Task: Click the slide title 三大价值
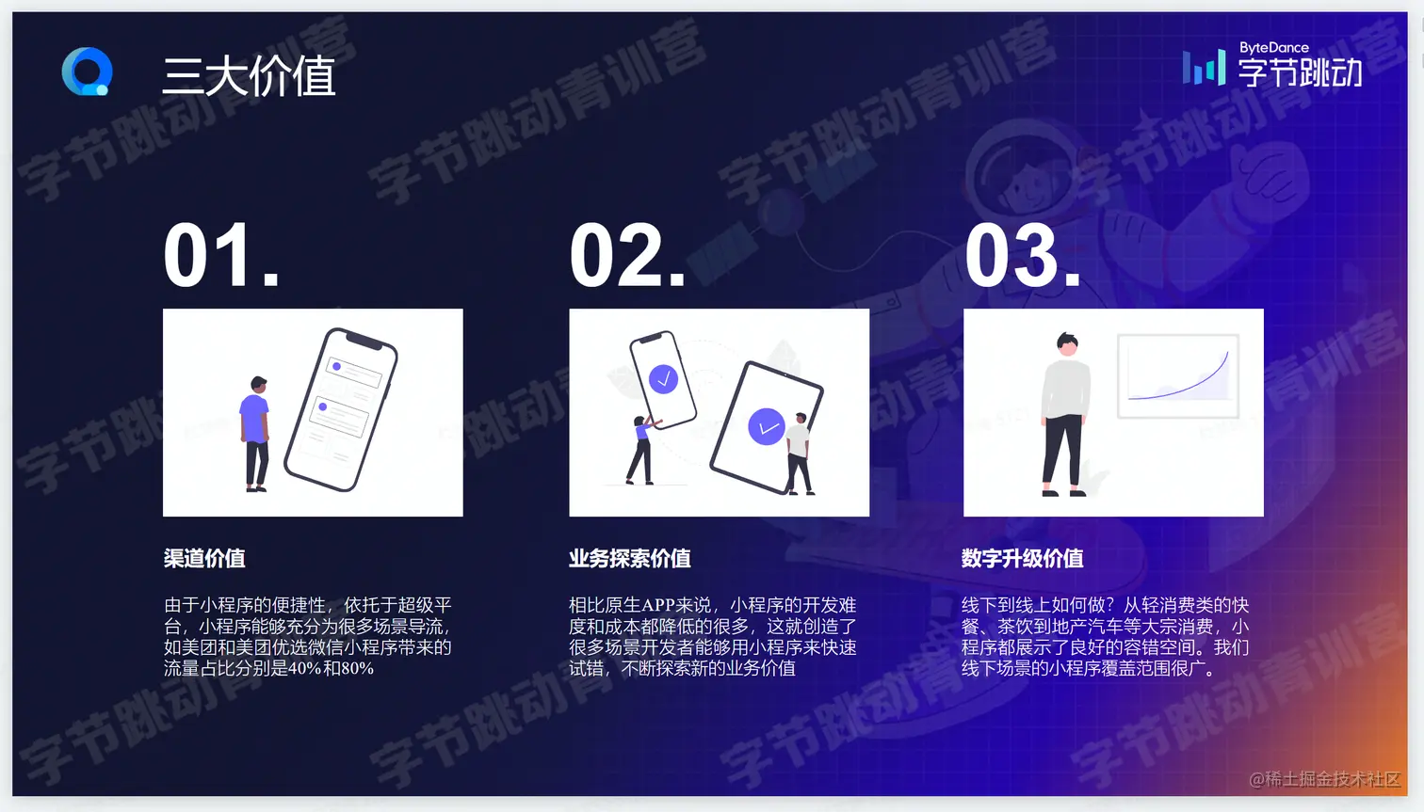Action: pyautogui.click(x=249, y=76)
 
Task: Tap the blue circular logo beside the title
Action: pyautogui.click(x=87, y=72)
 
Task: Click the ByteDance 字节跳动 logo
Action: pyautogui.click(x=1272, y=64)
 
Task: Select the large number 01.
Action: pyautogui.click(x=221, y=255)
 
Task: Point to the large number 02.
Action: pyautogui.click(x=627, y=255)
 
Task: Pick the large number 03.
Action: pyautogui.click(x=1022, y=255)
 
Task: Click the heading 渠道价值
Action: pyautogui.click(x=204, y=559)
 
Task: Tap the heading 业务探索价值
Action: pyautogui.click(x=630, y=559)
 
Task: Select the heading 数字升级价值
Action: pyautogui.click(x=1022, y=559)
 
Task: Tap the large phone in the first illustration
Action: pyautogui.click(x=341, y=409)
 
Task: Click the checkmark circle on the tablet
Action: pyautogui.click(x=766, y=426)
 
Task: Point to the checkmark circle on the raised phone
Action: pyautogui.click(x=663, y=379)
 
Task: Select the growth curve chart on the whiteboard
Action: pyautogui.click(x=1178, y=375)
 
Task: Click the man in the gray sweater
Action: pyautogui.click(x=1065, y=414)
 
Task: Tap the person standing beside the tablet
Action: pyautogui.click(x=799, y=454)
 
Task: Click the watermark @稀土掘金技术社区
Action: pyautogui.click(x=1325, y=779)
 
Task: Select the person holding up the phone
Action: pyautogui.click(x=642, y=450)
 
